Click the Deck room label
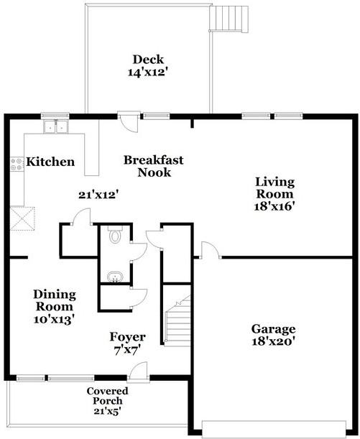point(148,60)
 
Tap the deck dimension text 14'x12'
point(148,73)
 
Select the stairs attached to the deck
point(229,19)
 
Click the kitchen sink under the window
point(56,126)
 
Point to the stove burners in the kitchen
point(17,165)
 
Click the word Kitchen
point(50,162)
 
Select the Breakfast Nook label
point(154,166)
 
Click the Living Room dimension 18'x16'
point(274,207)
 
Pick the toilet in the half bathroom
point(115,235)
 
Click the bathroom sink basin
point(115,277)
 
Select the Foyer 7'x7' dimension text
point(127,350)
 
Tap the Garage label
point(273,329)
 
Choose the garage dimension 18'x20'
point(273,341)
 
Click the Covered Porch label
point(108,396)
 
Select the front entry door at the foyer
point(138,371)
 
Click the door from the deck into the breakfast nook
point(129,122)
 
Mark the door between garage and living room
point(211,250)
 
